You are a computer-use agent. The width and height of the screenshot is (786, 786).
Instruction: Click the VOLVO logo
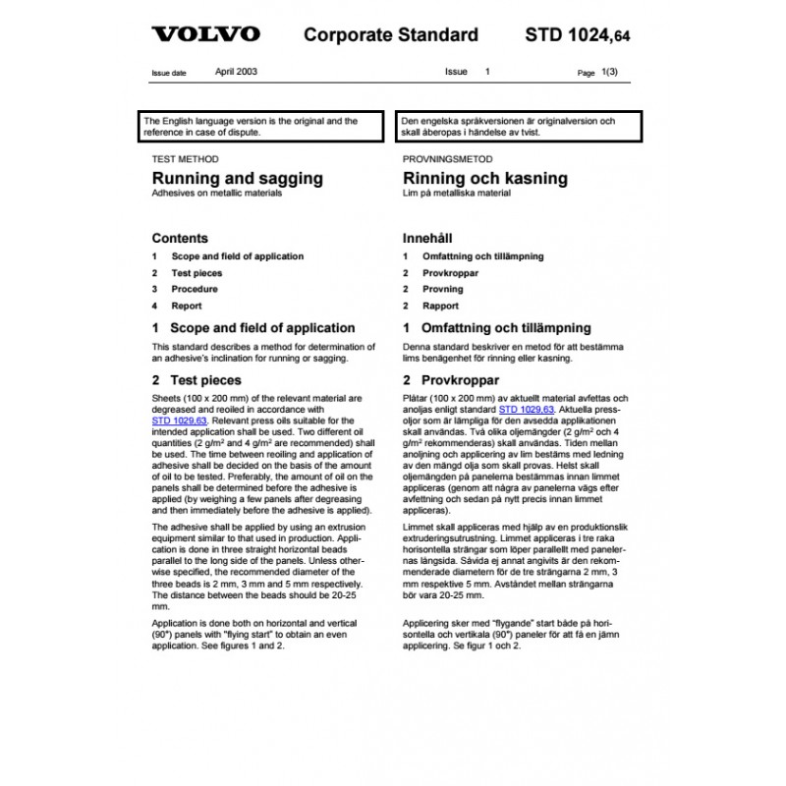pyautogui.click(x=205, y=35)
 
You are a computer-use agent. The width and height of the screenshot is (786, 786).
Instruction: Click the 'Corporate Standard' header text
pyautogui.click(x=391, y=35)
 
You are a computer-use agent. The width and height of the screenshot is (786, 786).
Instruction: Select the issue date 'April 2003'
pyautogui.click(x=237, y=72)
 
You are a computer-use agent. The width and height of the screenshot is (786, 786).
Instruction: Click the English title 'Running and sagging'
pyautogui.click(x=237, y=179)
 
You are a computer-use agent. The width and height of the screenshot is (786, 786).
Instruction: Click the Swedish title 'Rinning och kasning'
pyautogui.click(x=485, y=179)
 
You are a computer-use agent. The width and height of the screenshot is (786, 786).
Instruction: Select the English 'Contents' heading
pyautogui.click(x=180, y=238)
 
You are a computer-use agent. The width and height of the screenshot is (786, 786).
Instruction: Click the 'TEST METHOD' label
pyautogui.click(x=186, y=159)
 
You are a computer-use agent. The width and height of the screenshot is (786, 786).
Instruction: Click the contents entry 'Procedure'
pyautogui.click(x=195, y=289)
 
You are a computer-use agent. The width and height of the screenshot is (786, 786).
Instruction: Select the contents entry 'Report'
pyautogui.click(x=187, y=306)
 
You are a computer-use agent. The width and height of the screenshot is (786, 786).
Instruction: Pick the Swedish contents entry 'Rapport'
pyautogui.click(x=441, y=306)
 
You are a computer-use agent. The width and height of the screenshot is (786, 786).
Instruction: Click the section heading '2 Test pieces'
pyautogui.click(x=196, y=380)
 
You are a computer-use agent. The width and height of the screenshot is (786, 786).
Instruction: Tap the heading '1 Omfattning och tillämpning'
pyautogui.click(x=497, y=328)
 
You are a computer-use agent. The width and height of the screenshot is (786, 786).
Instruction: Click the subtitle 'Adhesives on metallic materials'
pyautogui.click(x=216, y=195)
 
